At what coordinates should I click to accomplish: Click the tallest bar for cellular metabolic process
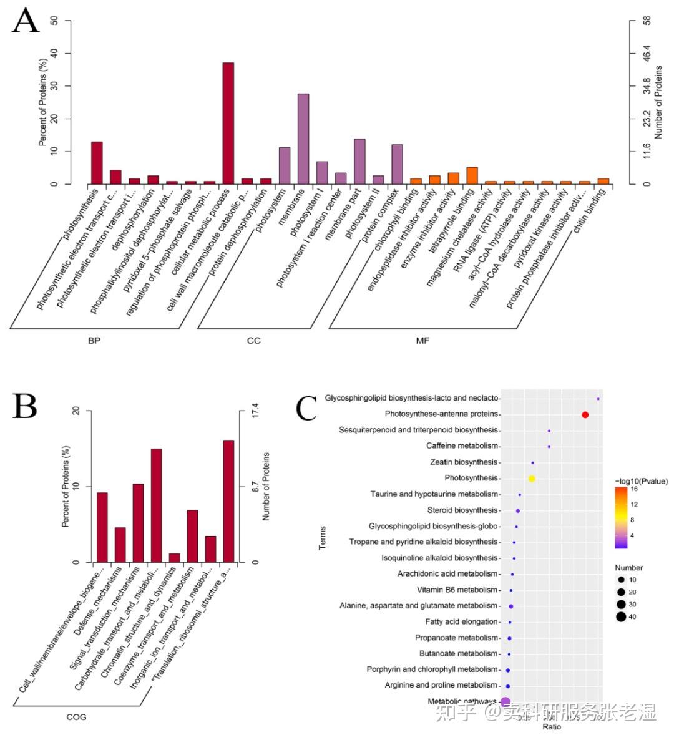(228, 123)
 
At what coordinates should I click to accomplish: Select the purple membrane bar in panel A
(303, 139)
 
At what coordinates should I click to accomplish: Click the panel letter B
(25, 406)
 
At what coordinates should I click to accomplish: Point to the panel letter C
(306, 409)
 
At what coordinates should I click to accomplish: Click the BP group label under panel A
(94, 341)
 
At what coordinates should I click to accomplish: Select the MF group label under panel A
(422, 341)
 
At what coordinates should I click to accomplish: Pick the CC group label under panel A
(254, 341)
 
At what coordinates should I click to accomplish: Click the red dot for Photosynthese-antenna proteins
(585, 415)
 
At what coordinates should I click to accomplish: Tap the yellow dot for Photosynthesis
(532, 479)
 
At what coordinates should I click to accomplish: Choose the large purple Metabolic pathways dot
(506, 702)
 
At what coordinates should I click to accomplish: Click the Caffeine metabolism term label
(462, 446)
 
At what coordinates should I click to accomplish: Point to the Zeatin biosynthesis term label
(464, 462)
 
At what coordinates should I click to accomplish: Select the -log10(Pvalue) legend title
(641, 481)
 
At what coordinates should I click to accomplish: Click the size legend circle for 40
(621, 617)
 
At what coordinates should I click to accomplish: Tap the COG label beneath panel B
(76, 717)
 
